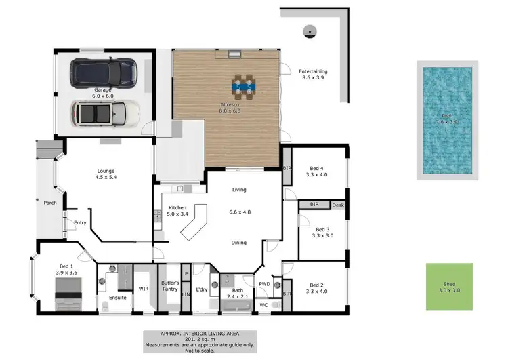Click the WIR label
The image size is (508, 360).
[144, 289]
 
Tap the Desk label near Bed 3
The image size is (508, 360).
[338, 204]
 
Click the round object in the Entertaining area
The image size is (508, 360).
[310, 29]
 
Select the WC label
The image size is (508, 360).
[263, 305]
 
